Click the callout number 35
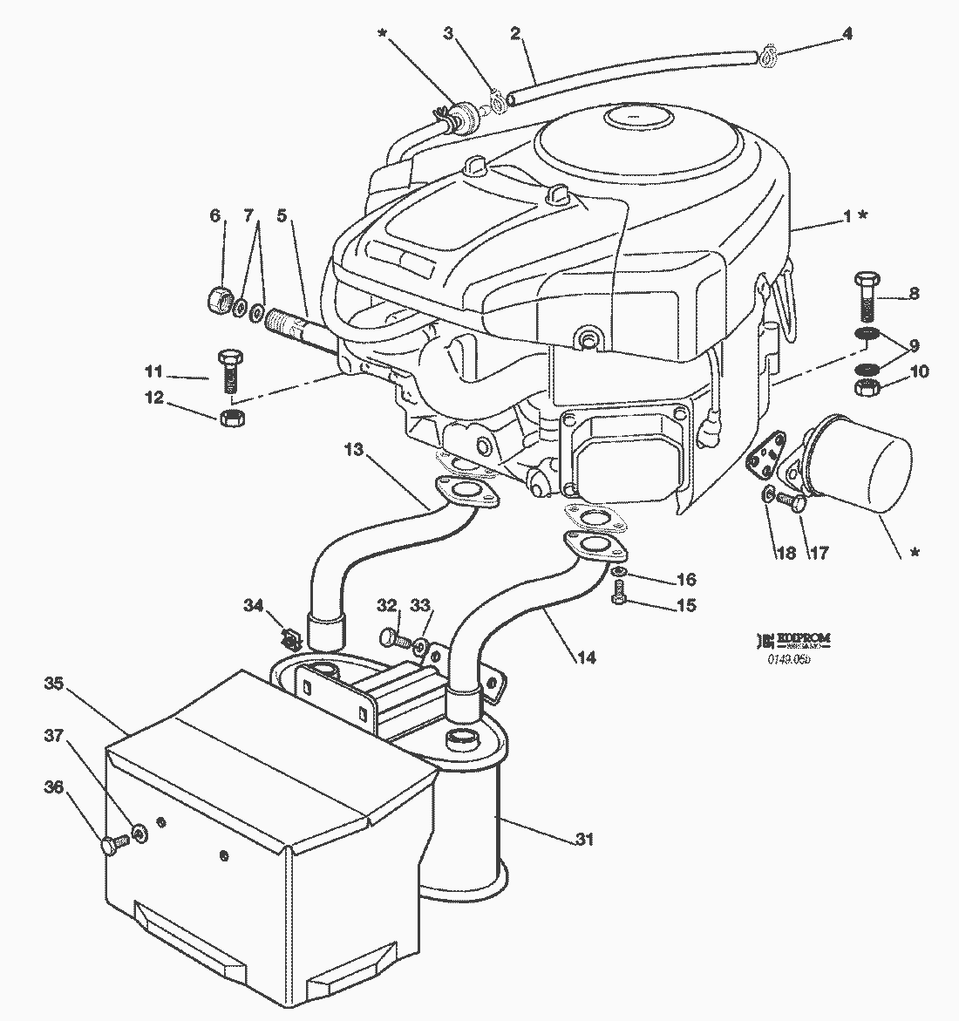53,684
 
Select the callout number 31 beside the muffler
584,840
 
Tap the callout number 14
586,657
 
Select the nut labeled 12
231,418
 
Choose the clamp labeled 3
499,105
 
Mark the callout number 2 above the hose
515,35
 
